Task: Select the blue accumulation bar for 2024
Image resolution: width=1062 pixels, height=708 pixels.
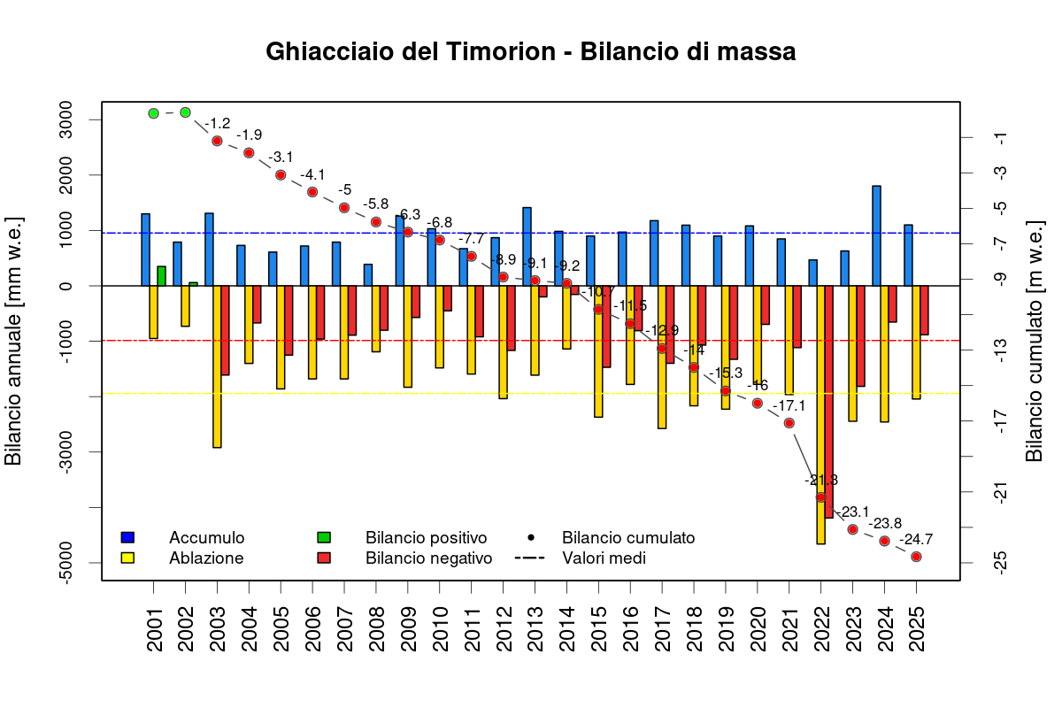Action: point(876,236)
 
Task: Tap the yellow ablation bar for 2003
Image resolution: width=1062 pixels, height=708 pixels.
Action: point(217,366)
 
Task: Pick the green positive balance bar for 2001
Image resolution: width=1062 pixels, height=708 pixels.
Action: point(161,276)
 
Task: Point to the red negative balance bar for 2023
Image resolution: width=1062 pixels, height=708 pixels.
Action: point(860,335)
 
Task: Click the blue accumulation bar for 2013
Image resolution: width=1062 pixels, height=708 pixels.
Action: point(527,247)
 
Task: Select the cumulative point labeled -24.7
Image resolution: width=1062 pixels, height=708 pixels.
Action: point(916,557)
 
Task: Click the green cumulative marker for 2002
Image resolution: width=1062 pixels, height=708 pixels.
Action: point(185,112)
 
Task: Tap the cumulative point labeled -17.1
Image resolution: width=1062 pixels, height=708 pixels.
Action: point(789,423)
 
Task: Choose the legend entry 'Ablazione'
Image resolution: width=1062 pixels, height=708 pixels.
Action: point(205,558)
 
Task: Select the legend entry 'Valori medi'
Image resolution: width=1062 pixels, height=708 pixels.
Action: point(604,558)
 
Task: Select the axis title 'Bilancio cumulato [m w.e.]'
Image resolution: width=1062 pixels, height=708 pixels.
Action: point(1034,340)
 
